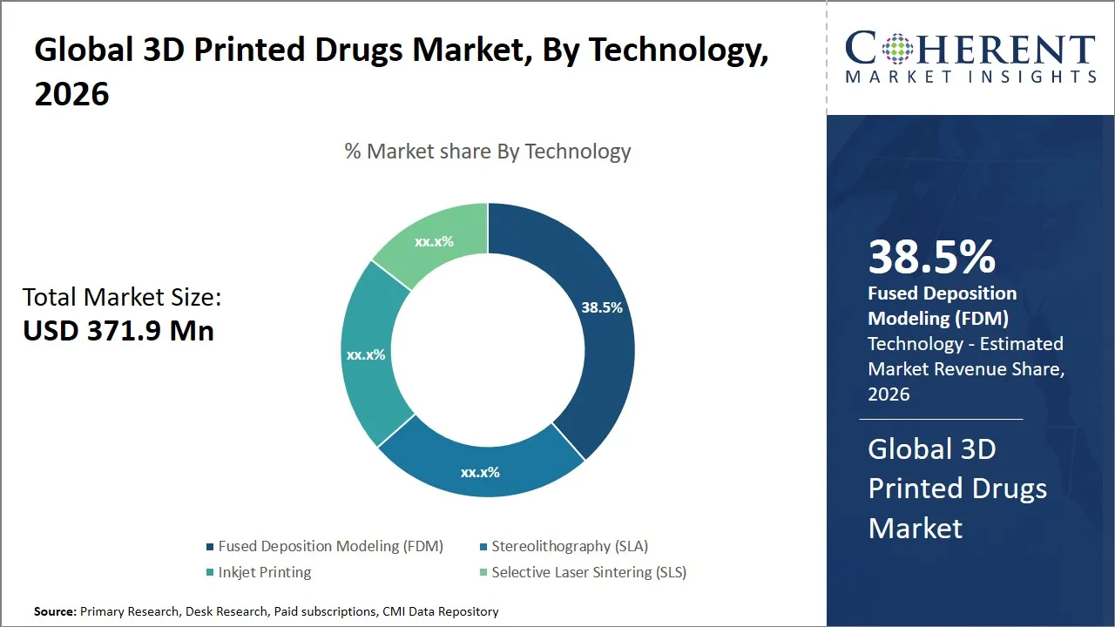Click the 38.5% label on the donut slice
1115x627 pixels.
point(602,307)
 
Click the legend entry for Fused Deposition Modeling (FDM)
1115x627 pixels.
point(330,546)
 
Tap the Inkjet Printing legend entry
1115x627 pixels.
point(264,572)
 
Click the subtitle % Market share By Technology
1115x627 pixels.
point(487,152)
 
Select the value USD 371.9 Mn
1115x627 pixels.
point(118,331)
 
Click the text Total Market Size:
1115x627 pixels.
point(122,297)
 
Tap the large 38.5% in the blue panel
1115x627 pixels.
point(931,257)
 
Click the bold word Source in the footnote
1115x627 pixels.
point(55,611)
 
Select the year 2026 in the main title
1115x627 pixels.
point(72,93)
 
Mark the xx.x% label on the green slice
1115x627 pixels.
point(434,241)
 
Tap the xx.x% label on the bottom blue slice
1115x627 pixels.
point(480,473)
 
